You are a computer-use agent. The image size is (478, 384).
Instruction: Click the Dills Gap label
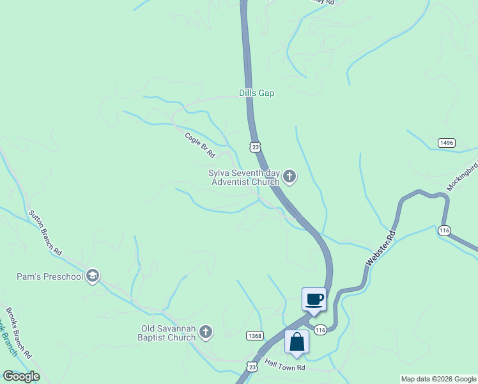256,93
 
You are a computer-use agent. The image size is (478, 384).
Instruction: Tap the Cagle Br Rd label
200,145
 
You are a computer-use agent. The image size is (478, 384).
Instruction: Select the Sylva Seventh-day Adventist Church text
243,177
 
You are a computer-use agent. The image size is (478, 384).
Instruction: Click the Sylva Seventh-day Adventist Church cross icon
289,176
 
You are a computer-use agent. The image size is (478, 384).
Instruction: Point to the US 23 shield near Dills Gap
256,147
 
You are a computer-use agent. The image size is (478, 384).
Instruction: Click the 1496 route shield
447,142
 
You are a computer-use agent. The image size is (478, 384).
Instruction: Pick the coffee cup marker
314,299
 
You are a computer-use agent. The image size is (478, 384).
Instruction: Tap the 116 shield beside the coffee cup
321,329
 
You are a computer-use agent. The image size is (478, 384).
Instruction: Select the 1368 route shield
254,335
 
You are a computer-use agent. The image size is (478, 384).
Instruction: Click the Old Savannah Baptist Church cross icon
205,332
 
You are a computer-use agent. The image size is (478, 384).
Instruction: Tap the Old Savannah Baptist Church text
168,333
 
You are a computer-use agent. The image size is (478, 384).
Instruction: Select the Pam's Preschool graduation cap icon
93,276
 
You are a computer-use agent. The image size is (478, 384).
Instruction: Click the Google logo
21,376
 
